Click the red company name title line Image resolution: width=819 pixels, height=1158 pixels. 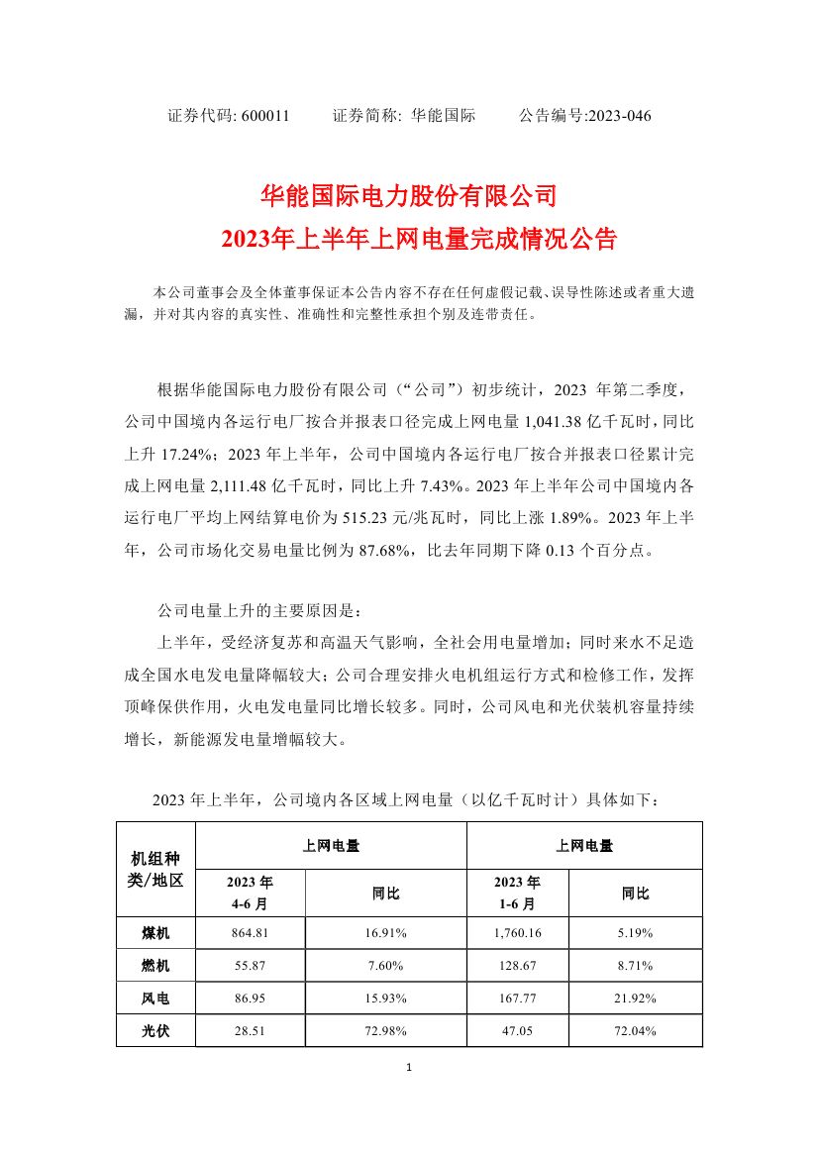(409, 194)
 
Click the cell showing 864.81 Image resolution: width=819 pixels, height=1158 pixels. (251, 932)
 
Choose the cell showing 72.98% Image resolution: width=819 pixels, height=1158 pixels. (385, 1030)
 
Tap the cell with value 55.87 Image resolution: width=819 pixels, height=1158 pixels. (251, 965)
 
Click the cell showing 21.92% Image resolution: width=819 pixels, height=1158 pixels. (635, 998)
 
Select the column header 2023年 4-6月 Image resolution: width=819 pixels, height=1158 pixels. (251, 893)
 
